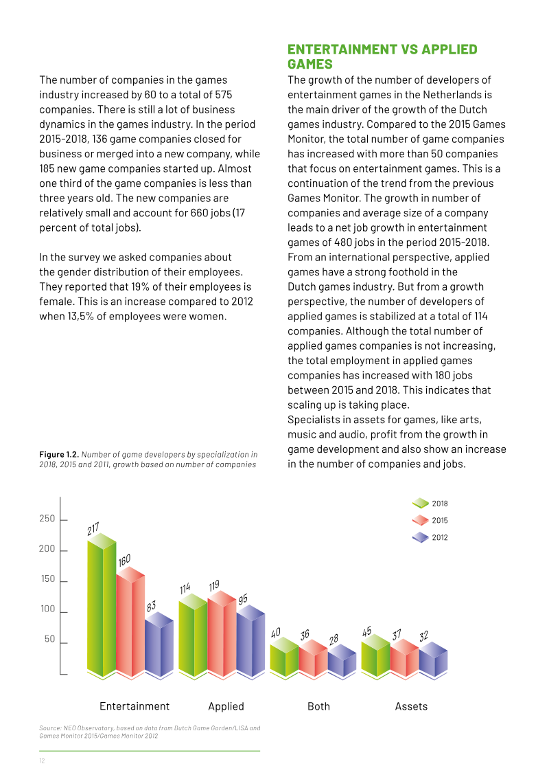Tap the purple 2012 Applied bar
click(251, 642)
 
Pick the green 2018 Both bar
click(285, 658)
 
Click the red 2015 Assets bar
click(405, 659)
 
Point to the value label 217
click(93, 529)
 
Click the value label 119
click(214, 586)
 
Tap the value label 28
click(334, 639)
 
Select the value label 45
click(367, 632)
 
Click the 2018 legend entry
click(430, 504)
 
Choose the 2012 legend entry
click(430, 537)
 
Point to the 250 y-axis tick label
click(47, 519)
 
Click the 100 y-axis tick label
click(48, 609)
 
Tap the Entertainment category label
click(134, 706)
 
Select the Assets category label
click(411, 706)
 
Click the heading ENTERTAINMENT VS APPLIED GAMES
click(382, 56)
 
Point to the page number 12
click(42, 761)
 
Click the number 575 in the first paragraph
click(224, 95)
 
